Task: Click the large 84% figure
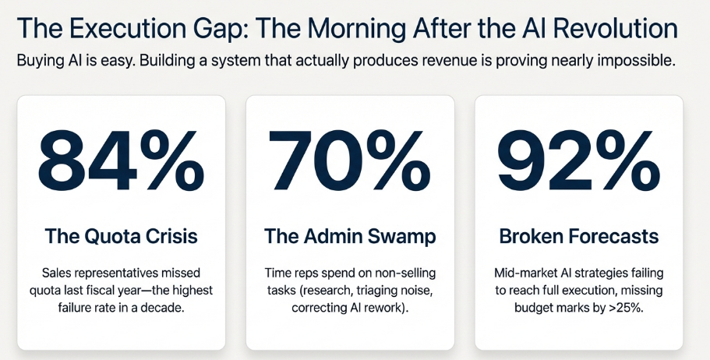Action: pos(122,167)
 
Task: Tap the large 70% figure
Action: pos(349,167)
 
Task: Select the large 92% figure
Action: pos(578,167)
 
